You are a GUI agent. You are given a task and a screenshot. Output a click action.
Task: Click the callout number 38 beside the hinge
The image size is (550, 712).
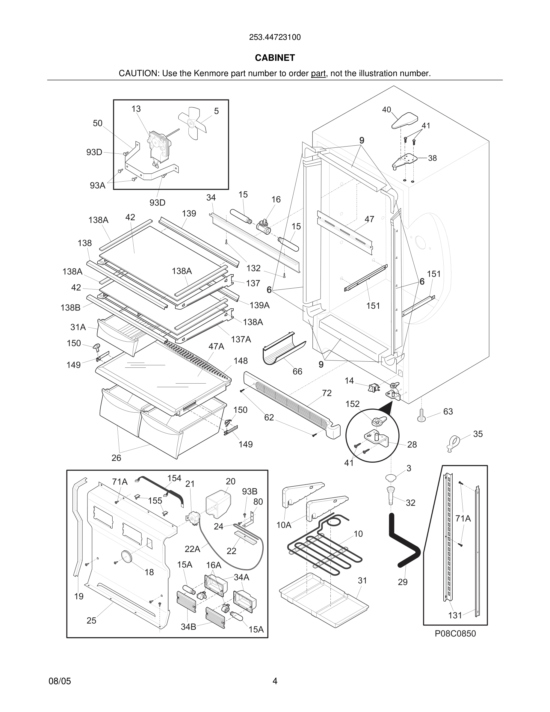[x=432, y=158]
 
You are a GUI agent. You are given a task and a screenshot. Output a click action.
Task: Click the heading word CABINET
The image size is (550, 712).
[x=275, y=58]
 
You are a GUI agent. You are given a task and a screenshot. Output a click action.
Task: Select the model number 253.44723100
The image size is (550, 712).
[x=275, y=37]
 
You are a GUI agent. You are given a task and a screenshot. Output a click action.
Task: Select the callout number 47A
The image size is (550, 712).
[x=216, y=346]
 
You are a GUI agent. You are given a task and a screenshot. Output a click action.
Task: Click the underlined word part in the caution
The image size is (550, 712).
[x=318, y=73]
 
